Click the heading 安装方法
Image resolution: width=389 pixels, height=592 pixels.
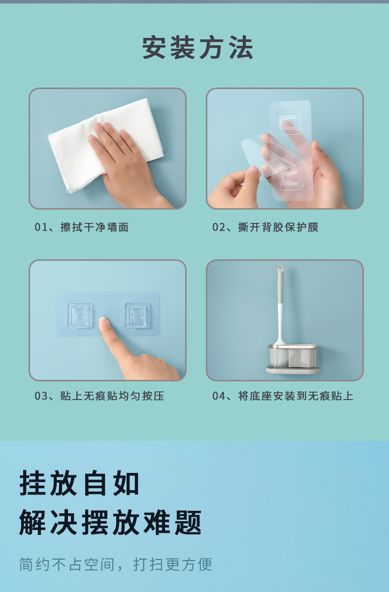click(197, 48)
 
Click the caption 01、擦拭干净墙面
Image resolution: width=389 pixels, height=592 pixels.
click(82, 227)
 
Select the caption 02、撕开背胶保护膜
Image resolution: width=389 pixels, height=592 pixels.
click(265, 227)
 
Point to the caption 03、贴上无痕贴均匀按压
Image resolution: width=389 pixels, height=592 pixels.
click(99, 396)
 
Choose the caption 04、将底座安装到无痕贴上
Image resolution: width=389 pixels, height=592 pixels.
click(283, 396)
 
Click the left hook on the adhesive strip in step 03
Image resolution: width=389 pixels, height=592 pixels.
click(80, 315)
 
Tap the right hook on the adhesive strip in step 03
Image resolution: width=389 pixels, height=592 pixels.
click(137, 315)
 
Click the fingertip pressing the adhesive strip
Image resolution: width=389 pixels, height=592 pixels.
click(104, 323)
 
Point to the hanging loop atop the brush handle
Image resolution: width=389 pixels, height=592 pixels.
click(280, 269)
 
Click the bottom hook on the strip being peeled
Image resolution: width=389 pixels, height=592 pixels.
click(291, 178)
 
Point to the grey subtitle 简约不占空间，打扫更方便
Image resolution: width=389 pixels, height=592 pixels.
click(116, 564)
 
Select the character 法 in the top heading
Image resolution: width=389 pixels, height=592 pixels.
click(241, 48)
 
